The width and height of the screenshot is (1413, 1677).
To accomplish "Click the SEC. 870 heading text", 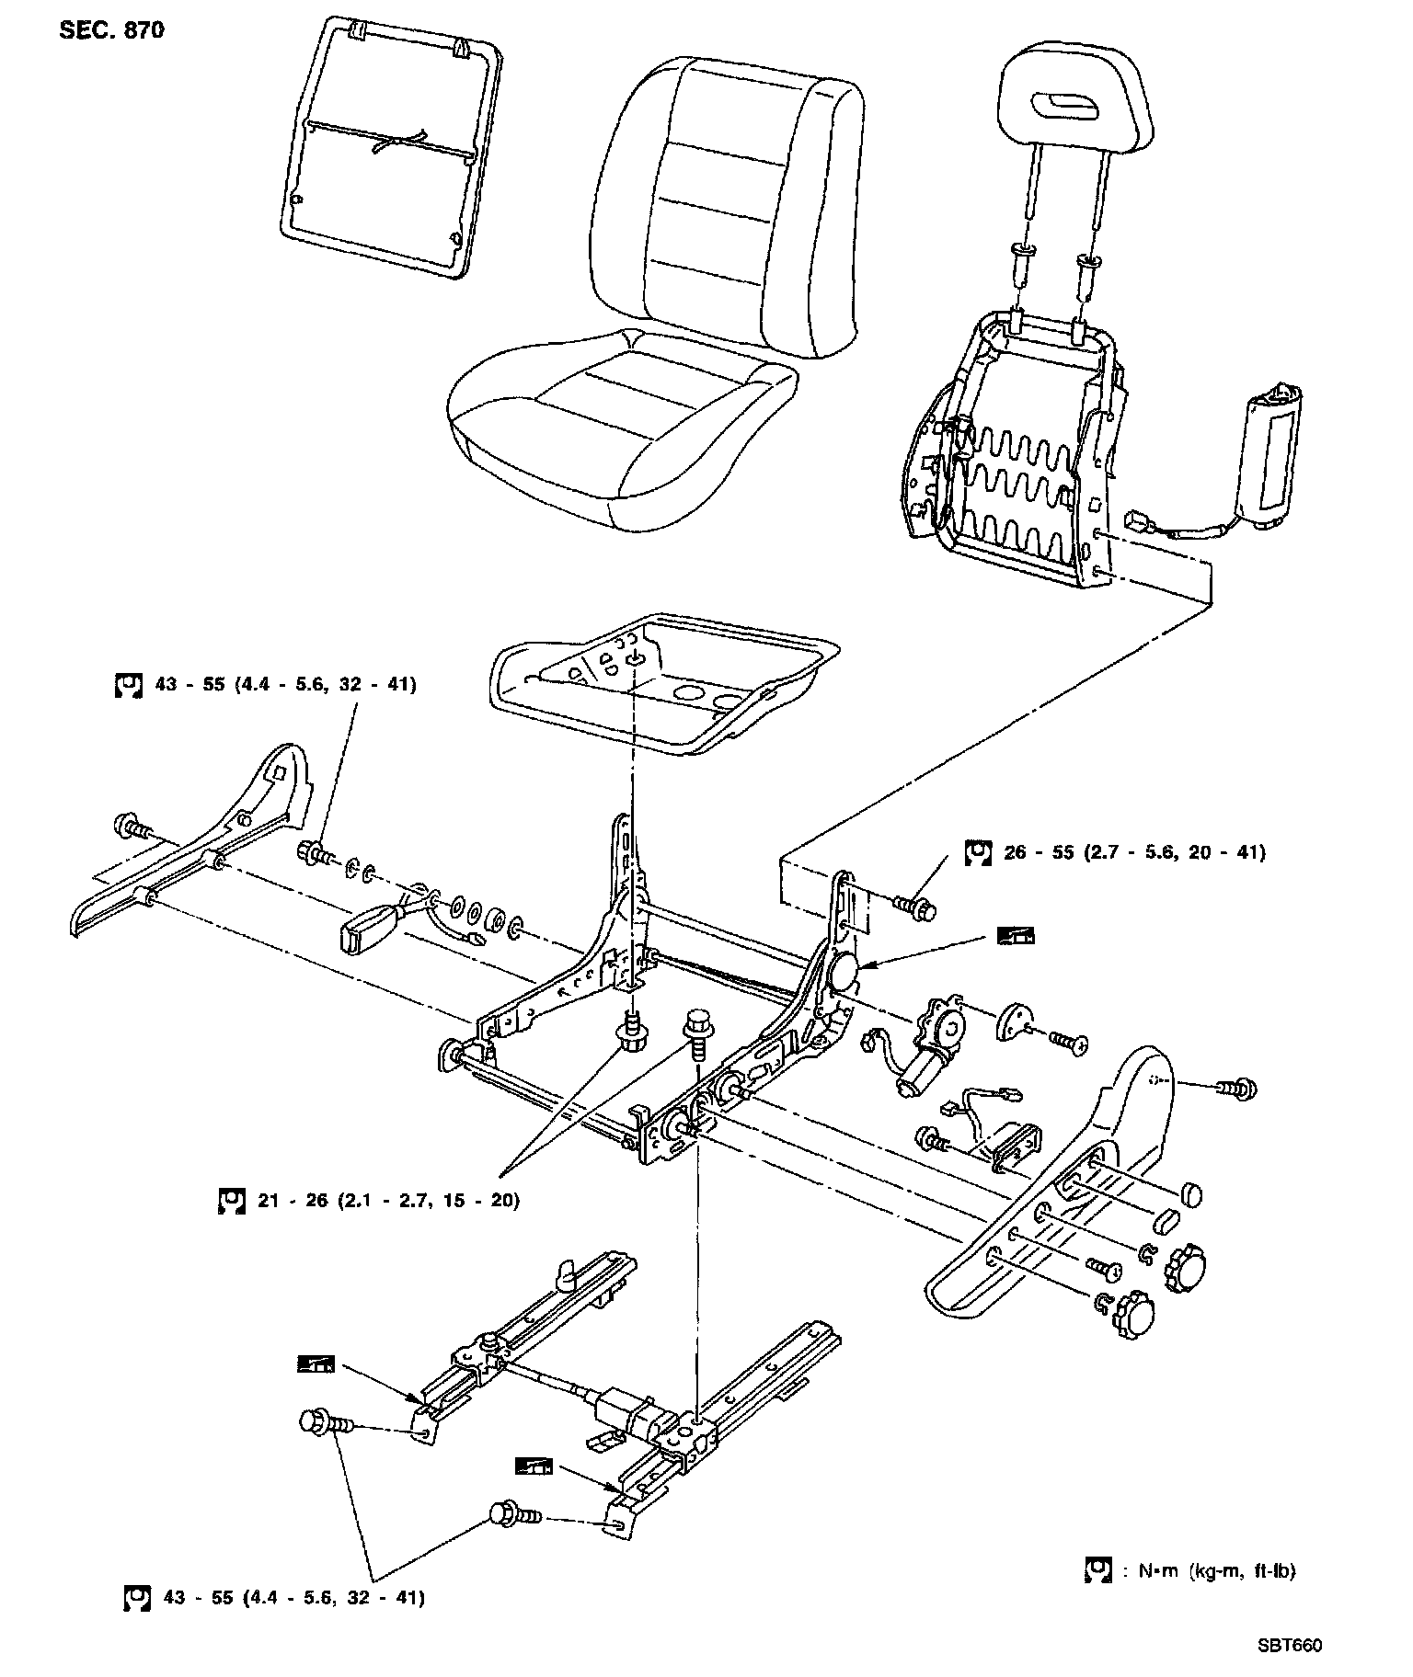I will [x=112, y=30].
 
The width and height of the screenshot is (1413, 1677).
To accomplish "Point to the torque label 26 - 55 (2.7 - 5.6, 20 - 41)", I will [x=1133, y=852].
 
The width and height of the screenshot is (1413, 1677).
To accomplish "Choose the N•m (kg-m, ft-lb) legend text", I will [x=1217, y=1570].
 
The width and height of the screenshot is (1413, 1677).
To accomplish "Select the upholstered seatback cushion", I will [x=727, y=207].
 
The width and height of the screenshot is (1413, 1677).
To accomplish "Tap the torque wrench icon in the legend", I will [x=1097, y=1569].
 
